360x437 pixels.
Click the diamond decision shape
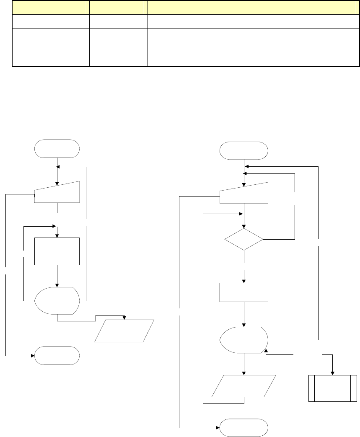[x=244, y=240]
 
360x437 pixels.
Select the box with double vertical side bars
[x=330, y=388]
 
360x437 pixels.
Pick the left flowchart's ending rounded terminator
[x=57, y=356]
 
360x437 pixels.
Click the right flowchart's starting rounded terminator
[x=244, y=150]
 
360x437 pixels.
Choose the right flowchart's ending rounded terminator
[x=244, y=427]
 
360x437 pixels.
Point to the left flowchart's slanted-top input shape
[x=57, y=193]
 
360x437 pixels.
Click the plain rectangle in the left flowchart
[x=57, y=251]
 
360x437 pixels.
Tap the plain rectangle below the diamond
[x=244, y=292]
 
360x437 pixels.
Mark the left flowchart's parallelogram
[x=124, y=331]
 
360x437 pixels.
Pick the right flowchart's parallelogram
[x=244, y=386]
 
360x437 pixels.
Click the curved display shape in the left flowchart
[x=56, y=300]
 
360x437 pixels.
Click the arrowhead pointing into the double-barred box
[x=333, y=373]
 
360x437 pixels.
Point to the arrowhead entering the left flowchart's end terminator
[x=32, y=356]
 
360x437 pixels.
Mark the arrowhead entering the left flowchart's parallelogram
[x=124, y=317]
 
